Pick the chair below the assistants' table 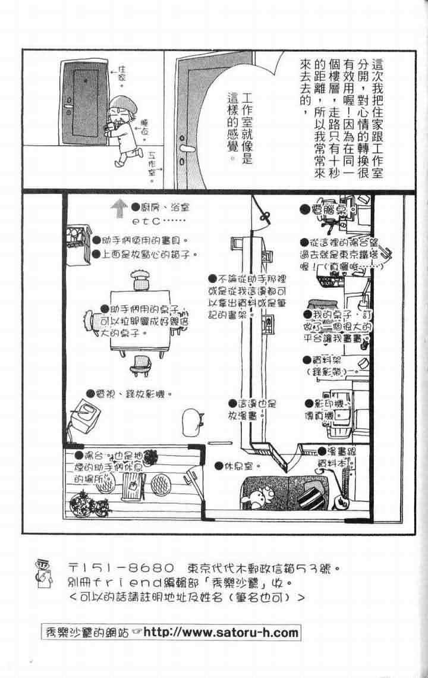pos(140,364)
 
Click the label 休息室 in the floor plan pos(242,466)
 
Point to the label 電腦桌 pos(326,209)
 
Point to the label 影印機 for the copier pos(328,403)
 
